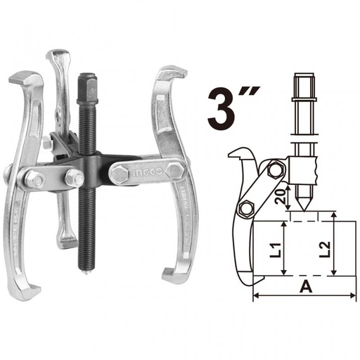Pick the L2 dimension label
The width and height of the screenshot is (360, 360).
pos(323,248)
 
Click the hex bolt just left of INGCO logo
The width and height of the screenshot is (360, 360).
pos(117,174)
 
